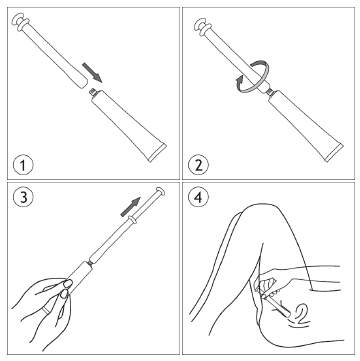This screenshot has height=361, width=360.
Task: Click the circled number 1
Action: pos(23,165)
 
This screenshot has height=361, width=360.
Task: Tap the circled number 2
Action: pos(198,165)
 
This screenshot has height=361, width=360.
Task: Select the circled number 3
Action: pos(23,197)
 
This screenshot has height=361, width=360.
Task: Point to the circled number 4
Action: pos(198,197)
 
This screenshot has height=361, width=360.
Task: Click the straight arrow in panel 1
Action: pos(93,71)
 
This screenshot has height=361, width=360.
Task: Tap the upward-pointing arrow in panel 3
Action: pos(130,206)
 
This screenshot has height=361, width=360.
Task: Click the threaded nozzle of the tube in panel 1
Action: pos(93,90)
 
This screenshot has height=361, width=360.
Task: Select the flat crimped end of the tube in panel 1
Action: pos(157,153)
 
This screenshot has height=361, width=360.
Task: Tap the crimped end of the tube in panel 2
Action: pos(334,153)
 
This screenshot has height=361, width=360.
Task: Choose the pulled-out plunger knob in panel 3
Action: pos(160,191)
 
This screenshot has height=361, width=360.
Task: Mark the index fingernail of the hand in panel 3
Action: pos(68,283)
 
